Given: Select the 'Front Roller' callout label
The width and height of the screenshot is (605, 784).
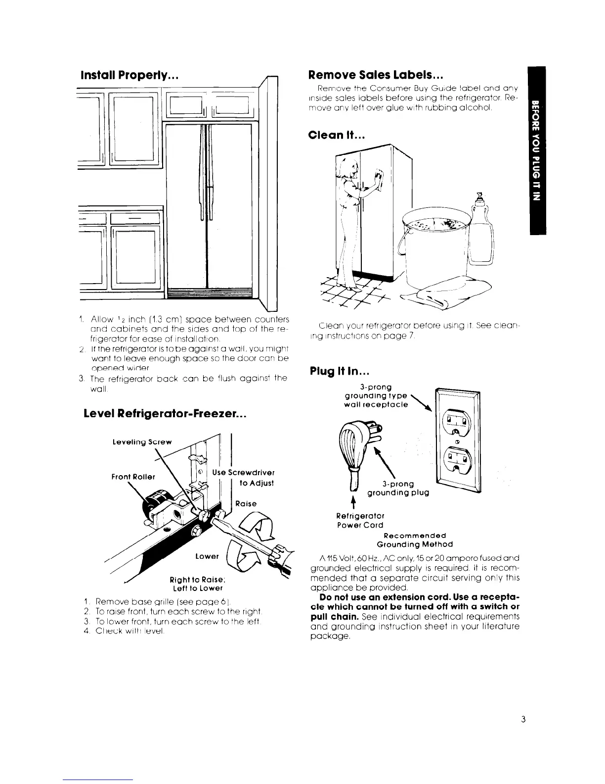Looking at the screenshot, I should coord(133,477).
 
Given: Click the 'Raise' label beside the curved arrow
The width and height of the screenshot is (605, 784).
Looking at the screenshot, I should coord(246,503).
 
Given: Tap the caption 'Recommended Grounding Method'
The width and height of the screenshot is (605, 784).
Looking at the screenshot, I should coord(415,539).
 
